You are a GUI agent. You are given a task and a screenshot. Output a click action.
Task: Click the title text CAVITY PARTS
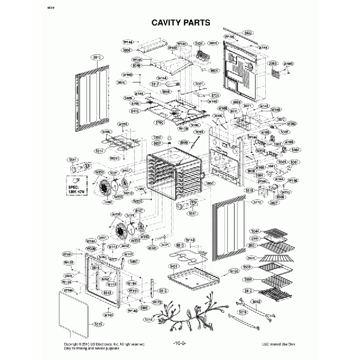180,23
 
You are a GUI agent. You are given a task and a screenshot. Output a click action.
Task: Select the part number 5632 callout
248,33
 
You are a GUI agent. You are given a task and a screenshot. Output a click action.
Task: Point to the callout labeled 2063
273,63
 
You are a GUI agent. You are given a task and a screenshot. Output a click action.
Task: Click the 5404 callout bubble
295,150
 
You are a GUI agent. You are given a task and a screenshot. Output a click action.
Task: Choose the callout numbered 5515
98,323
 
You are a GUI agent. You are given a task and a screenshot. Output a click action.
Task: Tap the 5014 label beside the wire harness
148,320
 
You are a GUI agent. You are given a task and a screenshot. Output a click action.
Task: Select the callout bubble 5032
256,302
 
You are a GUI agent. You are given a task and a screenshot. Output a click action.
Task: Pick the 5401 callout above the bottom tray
174,266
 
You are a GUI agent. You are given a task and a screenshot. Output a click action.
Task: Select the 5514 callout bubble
100,150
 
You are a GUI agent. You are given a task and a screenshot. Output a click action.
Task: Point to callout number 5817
148,83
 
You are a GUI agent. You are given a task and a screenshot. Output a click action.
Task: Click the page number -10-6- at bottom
179,344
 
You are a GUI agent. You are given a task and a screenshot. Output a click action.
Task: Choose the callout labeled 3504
248,280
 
